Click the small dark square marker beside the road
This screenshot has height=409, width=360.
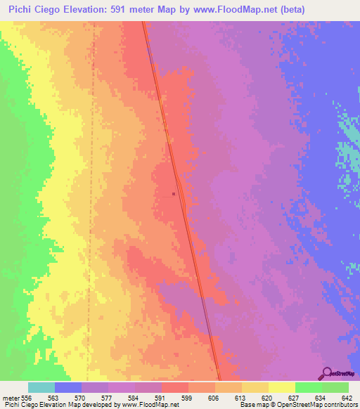point(174,195)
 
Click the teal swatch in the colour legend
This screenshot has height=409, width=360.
point(41,387)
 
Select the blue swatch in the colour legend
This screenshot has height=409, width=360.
point(68,387)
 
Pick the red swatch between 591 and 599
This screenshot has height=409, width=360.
point(174,387)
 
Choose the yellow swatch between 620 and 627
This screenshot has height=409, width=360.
point(281,387)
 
